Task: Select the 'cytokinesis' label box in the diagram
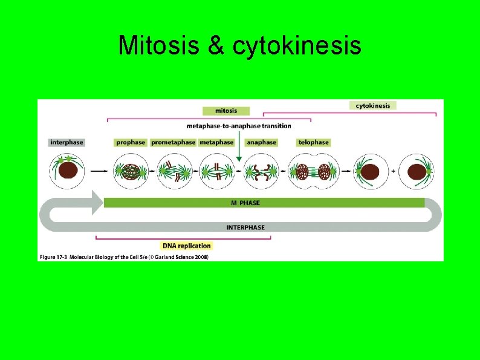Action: pos(372,105)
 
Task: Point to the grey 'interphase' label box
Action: pos(66,142)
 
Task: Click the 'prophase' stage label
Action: pos(131,142)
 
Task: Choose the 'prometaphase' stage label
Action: pos(174,142)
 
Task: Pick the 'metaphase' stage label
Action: pos(216,142)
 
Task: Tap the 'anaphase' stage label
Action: pos(262,142)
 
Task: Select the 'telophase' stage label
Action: pos(313,142)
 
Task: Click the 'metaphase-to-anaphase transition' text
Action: pos(239,126)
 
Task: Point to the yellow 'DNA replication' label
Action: pos(187,246)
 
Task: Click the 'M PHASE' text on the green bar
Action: pos(245,203)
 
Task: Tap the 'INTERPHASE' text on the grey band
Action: pos(245,227)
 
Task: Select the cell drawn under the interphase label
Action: pos(67,171)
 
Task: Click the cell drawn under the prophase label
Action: pos(131,172)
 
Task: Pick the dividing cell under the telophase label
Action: pos(313,172)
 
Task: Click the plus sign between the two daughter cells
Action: pos(394,172)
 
